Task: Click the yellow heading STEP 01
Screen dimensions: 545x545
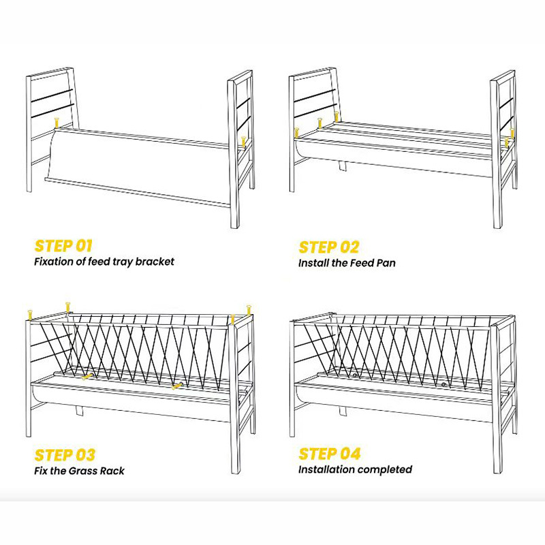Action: [x=63, y=246]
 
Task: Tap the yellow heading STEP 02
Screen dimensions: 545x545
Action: [x=328, y=247]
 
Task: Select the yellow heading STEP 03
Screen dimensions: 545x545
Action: [x=65, y=454]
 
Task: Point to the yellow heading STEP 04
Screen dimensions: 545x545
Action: [x=329, y=454]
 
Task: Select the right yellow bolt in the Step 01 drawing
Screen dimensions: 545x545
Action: [x=243, y=142]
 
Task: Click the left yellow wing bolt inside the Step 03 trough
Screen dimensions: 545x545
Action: [x=87, y=375]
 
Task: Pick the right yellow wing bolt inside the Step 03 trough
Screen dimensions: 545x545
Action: [x=178, y=386]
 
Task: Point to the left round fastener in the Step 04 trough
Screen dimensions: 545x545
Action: [x=355, y=375]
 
